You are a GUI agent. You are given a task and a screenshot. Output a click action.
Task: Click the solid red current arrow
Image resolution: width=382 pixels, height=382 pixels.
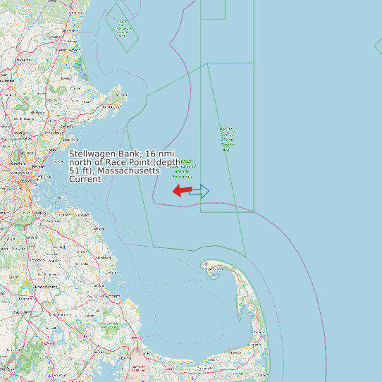tap(182, 190)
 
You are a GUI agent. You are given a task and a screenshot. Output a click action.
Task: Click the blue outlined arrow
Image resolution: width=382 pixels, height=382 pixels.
tap(200, 190)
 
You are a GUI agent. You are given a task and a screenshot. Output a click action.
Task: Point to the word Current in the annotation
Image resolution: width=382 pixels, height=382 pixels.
tap(85, 179)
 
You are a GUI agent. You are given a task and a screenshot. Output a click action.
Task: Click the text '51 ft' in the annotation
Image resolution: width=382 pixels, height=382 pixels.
tap(79, 171)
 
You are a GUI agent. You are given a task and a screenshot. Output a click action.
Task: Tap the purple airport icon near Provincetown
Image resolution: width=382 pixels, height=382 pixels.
tap(205, 264)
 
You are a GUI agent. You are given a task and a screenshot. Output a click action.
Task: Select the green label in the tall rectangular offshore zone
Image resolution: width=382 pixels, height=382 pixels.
tap(227, 140)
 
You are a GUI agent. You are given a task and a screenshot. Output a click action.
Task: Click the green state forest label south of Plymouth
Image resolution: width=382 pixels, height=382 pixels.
tap(109, 326)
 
